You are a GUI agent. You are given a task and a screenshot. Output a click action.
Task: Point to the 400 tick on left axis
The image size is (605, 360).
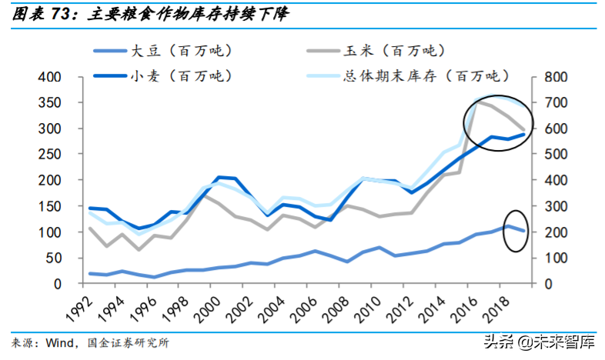coord(61,77)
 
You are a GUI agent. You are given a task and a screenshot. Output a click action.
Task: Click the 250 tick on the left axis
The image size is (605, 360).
coord(61,155)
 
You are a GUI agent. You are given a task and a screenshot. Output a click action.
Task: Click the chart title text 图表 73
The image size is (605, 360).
coord(40,14)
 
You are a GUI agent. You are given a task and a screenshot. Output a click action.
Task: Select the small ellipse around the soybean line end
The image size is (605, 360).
coord(515,228)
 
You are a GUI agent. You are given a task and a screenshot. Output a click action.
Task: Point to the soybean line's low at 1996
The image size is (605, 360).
coord(155,277)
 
